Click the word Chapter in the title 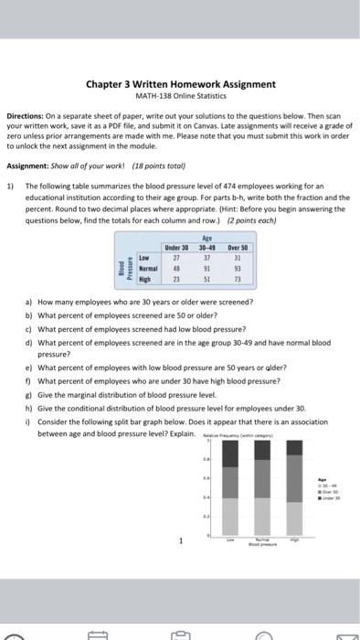[106, 84]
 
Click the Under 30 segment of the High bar [293, 447]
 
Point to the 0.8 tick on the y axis [206, 459]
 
